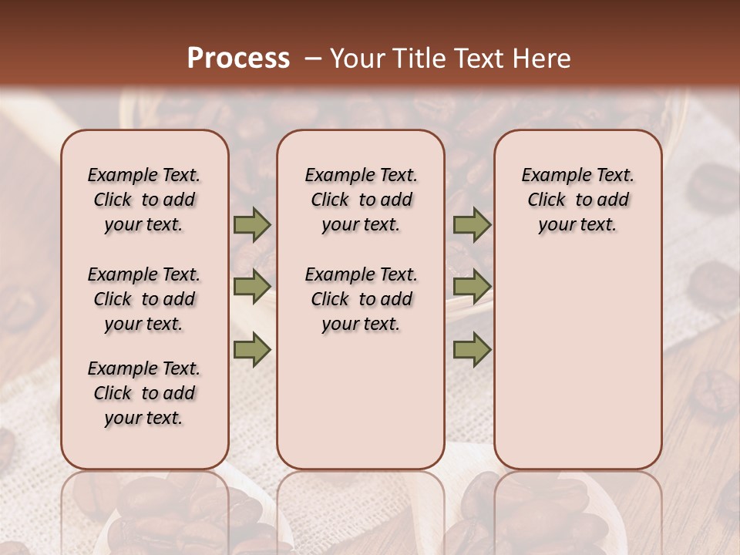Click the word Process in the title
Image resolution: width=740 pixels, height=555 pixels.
[238, 59]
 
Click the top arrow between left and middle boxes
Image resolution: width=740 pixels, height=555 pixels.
[252, 224]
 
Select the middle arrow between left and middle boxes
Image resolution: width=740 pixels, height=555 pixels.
[252, 287]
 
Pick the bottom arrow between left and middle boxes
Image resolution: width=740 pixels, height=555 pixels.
[252, 349]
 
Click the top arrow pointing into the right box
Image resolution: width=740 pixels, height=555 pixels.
[472, 224]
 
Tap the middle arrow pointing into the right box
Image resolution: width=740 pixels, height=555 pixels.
[472, 287]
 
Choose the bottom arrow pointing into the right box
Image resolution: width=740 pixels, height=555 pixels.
[472, 349]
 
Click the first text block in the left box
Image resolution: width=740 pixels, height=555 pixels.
[144, 200]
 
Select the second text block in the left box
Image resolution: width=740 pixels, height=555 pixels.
[144, 299]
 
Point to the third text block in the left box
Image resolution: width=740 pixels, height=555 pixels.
[144, 393]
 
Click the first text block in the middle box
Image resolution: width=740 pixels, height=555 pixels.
[361, 200]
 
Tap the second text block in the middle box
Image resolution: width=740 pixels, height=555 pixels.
[361, 299]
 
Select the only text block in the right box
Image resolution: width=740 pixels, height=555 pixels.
[577, 200]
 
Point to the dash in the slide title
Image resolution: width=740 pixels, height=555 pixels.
[313, 59]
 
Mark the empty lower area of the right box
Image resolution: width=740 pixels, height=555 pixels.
[577, 362]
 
